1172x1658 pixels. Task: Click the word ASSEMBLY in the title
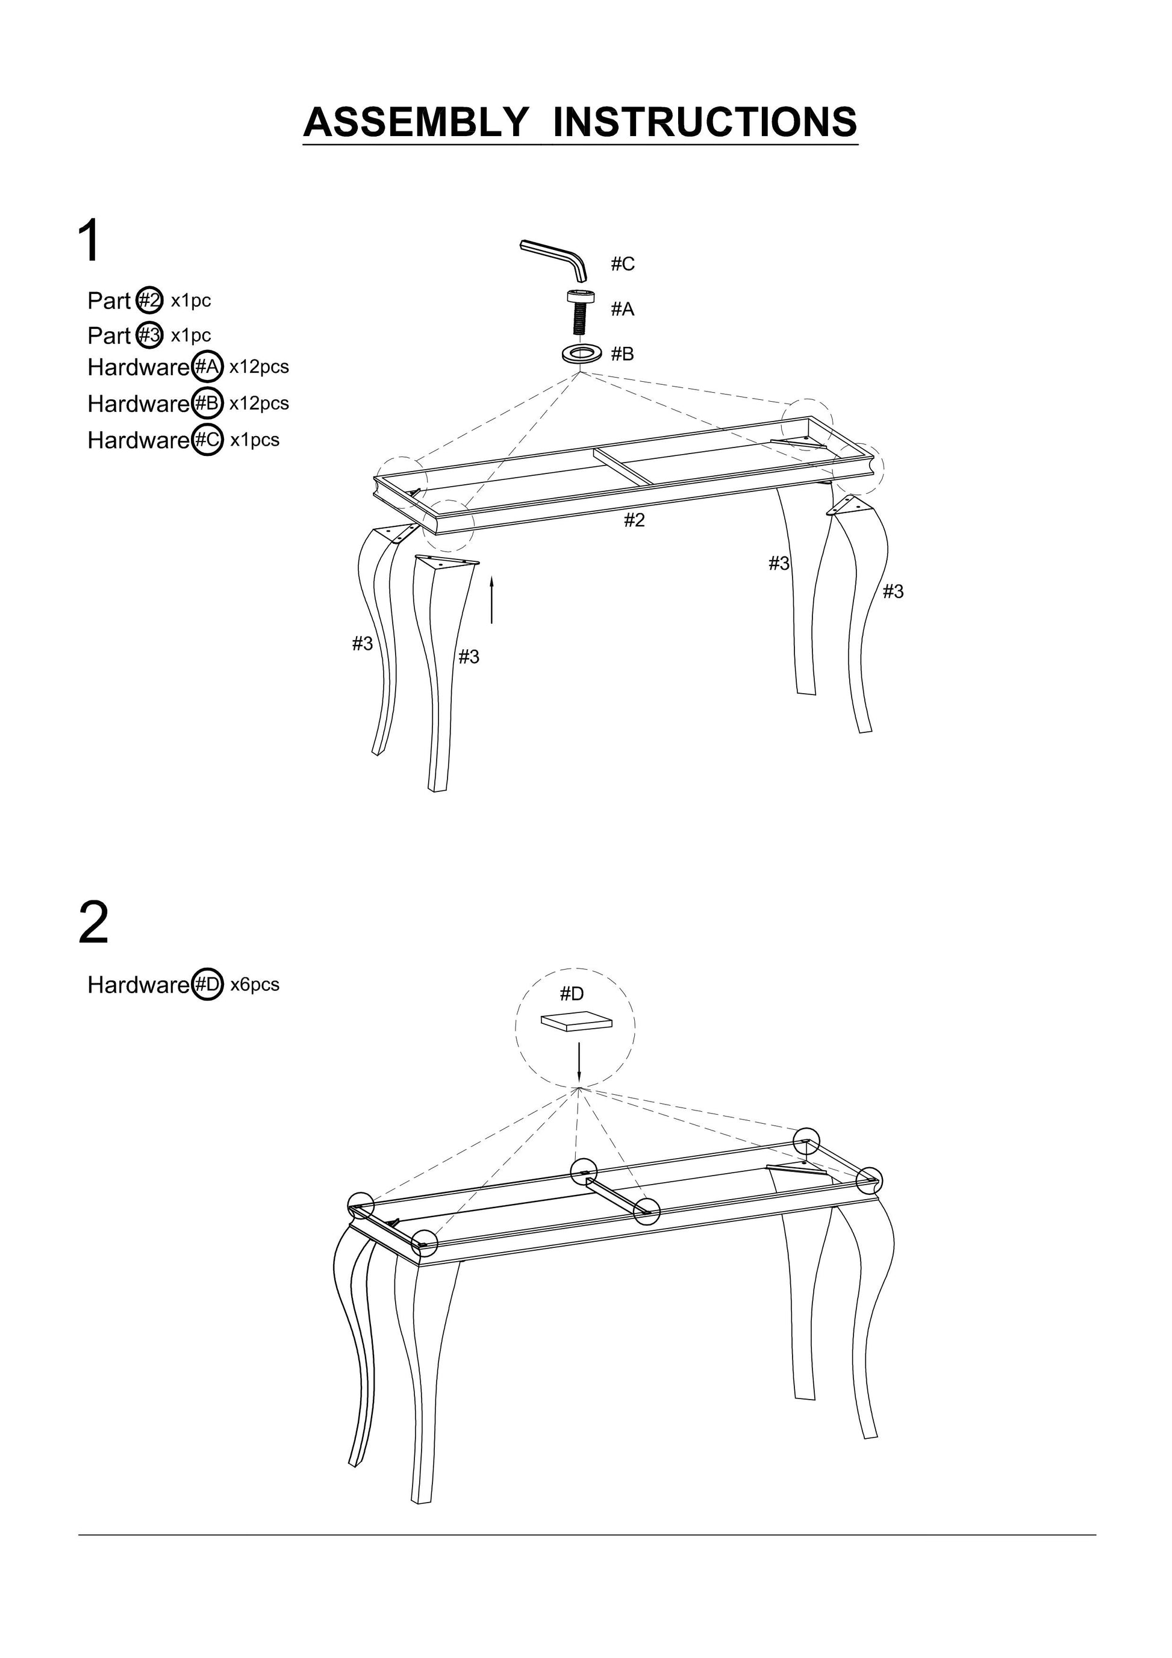click(415, 122)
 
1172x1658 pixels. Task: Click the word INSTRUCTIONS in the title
click(704, 122)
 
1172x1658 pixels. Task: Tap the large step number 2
click(93, 923)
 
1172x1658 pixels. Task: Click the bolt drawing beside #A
click(579, 311)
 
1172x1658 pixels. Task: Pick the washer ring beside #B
click(581, 355)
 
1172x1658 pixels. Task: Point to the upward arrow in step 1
click(492, 599)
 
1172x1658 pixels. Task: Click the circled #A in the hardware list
click(207, 367)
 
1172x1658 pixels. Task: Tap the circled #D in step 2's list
click(208, 984)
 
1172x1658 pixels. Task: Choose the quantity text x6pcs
click(255, 984)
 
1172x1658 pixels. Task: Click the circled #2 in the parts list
click(150, 300)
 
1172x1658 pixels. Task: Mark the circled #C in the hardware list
click(208, 440)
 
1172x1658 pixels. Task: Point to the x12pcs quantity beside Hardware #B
click(259, 403)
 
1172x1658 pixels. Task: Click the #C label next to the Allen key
click(623, 264)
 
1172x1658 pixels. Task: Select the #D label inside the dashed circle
click(572, 994)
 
